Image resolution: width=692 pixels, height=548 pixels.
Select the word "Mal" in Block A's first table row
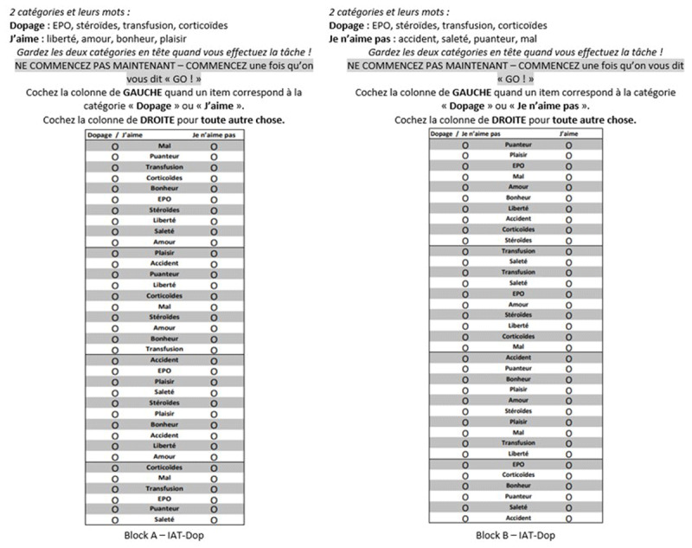click(x=164, y=146)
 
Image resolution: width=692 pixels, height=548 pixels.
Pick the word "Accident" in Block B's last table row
click(x=517, y=517)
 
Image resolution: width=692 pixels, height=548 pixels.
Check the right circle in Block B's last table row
click(x=568, y=517)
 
